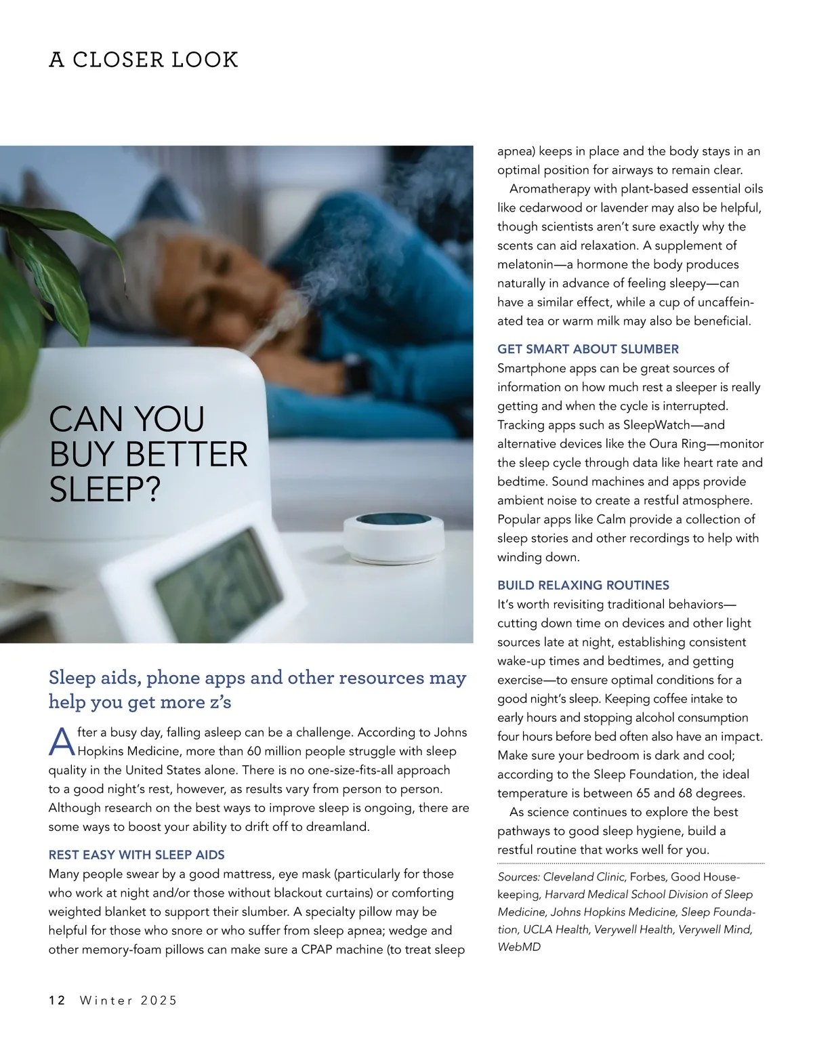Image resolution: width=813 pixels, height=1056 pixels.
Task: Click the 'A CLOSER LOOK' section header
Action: pos(144,60)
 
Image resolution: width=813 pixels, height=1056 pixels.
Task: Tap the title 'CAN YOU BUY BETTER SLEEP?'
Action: pos(148,454)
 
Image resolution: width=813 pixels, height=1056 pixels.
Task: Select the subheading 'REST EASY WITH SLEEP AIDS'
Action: pos(136,855)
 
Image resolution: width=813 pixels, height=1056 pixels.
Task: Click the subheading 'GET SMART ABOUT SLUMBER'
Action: pos(587,349)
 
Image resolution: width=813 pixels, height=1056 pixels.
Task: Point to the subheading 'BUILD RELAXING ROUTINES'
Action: pos(583,585)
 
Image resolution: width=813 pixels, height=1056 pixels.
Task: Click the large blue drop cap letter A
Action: pos(62,743)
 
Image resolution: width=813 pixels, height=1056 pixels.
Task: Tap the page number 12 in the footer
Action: pos(57,1000)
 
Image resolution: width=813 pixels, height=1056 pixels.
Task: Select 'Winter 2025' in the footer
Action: pos(129,1000)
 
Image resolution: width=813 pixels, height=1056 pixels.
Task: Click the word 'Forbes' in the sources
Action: pos(647,876)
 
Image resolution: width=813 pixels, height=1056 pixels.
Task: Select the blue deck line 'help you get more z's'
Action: pos(140,702)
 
